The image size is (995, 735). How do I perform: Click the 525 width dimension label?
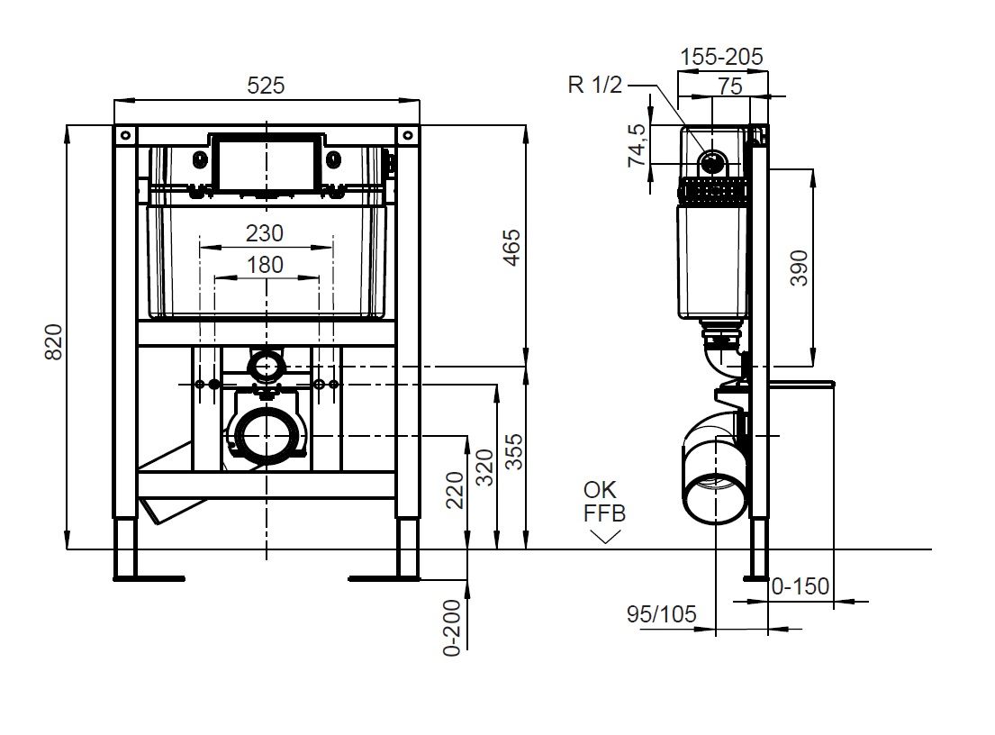tap(266, 86)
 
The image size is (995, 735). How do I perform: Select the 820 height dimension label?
tap(54, 342)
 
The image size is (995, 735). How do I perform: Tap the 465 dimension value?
tap(511, 248)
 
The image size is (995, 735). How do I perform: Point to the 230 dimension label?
tap(265, 233)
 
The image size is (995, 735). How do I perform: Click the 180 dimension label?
tap(265, 265)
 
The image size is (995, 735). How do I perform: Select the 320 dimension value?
tap(484, 466)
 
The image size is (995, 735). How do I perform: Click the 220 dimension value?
tap(455, 489)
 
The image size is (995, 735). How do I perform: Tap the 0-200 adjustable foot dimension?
tap(452, 627)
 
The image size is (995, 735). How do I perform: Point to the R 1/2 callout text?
tap(594, 86)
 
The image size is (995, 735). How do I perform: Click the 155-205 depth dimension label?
tap(721, 57)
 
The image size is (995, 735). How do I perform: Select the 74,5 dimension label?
tap(637, 145)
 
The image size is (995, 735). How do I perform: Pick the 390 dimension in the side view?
tap(799, 268)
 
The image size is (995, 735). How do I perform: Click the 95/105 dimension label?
tap(662, 614)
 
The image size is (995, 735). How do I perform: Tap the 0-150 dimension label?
tap(801, 587)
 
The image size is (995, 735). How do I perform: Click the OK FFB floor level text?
tap(604, 502)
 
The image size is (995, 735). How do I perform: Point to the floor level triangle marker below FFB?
tap(605, 536)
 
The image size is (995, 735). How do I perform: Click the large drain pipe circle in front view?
tap(267, 435)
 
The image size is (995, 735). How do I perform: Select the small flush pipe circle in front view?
tap(267, 366)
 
